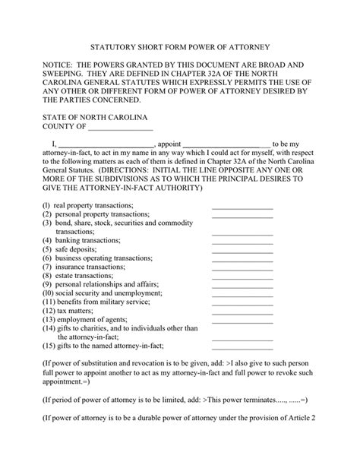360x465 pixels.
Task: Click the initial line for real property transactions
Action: [242, 207]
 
